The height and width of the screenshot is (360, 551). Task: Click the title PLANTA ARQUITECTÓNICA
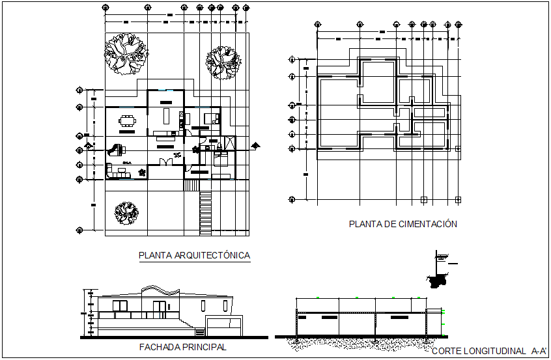coord(194,256)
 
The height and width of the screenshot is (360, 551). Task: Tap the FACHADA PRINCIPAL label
coord(182,348)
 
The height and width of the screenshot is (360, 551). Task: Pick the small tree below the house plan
coord(126,211)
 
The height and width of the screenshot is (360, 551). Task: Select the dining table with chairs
coord(126,120)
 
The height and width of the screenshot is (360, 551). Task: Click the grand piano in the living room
coord(117,148)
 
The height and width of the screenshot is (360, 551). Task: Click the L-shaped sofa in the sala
coord(118,171)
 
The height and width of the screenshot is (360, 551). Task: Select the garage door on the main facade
coord(223,326)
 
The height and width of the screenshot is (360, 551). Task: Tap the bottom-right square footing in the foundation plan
coord(459,199)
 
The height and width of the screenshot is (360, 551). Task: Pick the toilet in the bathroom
coord(197,149)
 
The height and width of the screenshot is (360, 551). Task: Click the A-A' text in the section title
coord(535,352)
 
